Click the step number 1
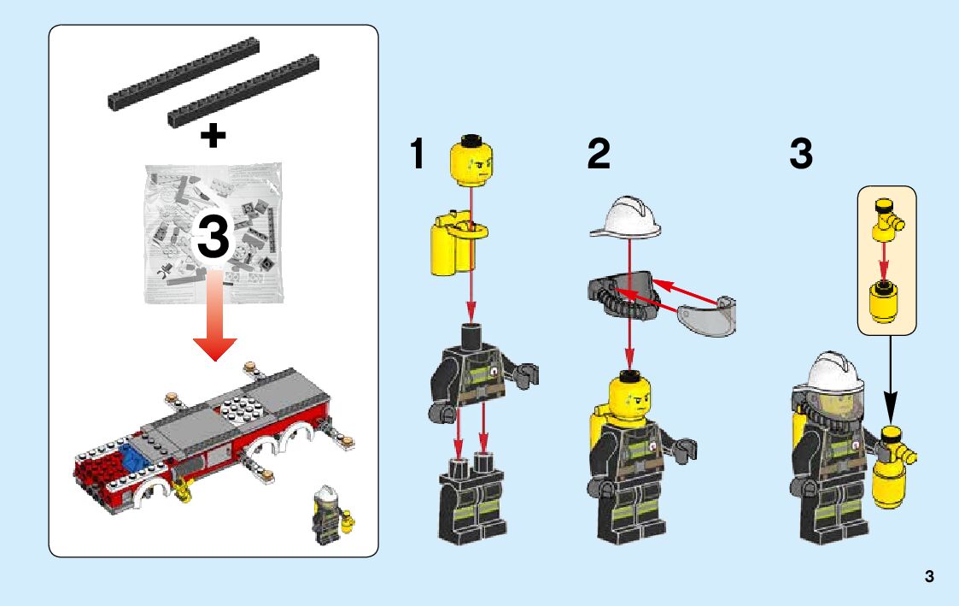pyautogui.click(x=417, y=153)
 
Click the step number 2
pyautogui.click(x=598, y=153)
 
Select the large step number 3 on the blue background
pyautogui.click(x=801, y=153)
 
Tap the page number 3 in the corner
pyautogui.click(x=930, y=576)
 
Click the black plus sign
pyautogui.click(x=213, y=136)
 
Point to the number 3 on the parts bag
pyautogui.click(x=213, y=237)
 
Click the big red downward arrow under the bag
pyautogui.click(x=214, y=315)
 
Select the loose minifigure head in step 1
pyautogui.click(x=471, y=161)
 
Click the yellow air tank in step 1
pyautogui.click(x=456, y=243)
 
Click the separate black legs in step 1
pyautogui.click(x=471, y=500)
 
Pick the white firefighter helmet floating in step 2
pyautogui.click(x=626, y=218)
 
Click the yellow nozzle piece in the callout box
pyautogui.click(x=886, y=220)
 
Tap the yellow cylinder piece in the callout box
pyautogui.click(x=883, y=302)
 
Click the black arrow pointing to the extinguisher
pyautogui.click(x=891, y=379)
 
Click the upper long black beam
pyautogui.click(x=184, y=74)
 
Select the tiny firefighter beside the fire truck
pyautogui.click(x=330, y=515)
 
